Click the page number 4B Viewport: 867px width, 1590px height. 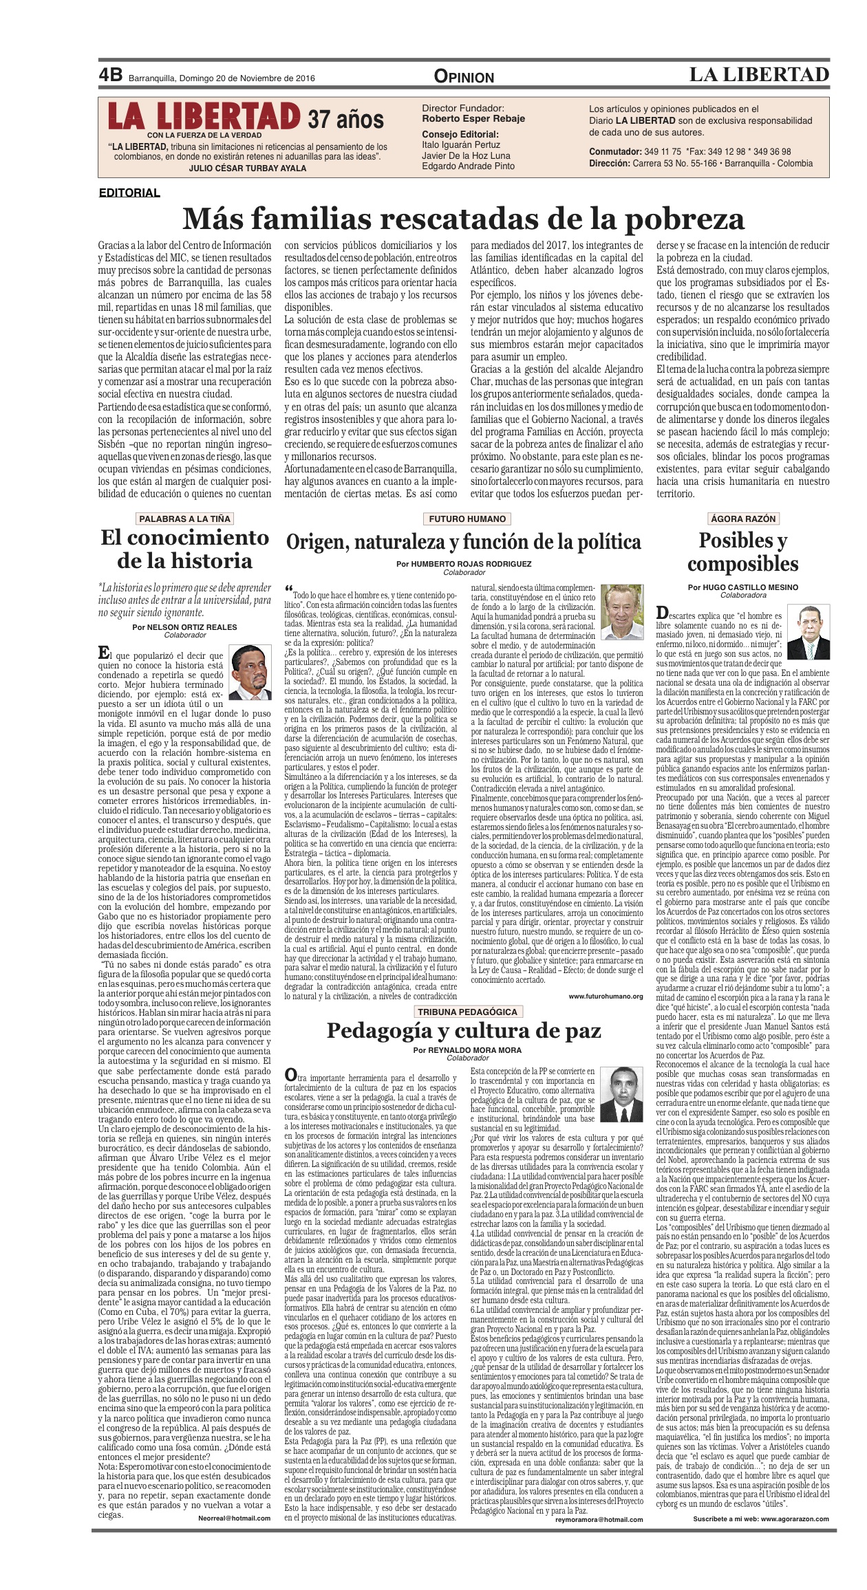coord(110,75)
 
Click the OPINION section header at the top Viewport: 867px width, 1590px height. coord(464,77)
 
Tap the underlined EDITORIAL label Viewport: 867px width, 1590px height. coord(129,193)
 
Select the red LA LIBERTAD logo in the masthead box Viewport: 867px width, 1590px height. coord(204,117)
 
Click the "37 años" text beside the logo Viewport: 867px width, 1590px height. coord(345,119)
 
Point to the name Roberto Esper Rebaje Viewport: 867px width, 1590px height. coord(473,118)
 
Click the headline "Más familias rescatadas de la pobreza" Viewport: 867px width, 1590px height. coord(463,219)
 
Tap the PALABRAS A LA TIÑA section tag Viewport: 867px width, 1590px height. coord(184,519)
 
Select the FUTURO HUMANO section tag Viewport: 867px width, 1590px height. coord(467,519)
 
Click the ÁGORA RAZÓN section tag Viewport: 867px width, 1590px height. coord(743,519)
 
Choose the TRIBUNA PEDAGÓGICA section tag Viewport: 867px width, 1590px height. coord(467,1012)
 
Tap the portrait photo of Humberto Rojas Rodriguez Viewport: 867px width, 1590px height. coord(621,611)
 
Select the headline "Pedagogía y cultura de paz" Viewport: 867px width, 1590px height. coord(464,1031)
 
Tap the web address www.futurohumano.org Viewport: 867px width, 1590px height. coord(606,996)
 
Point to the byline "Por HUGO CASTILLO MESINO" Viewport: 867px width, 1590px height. coord(743,587)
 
